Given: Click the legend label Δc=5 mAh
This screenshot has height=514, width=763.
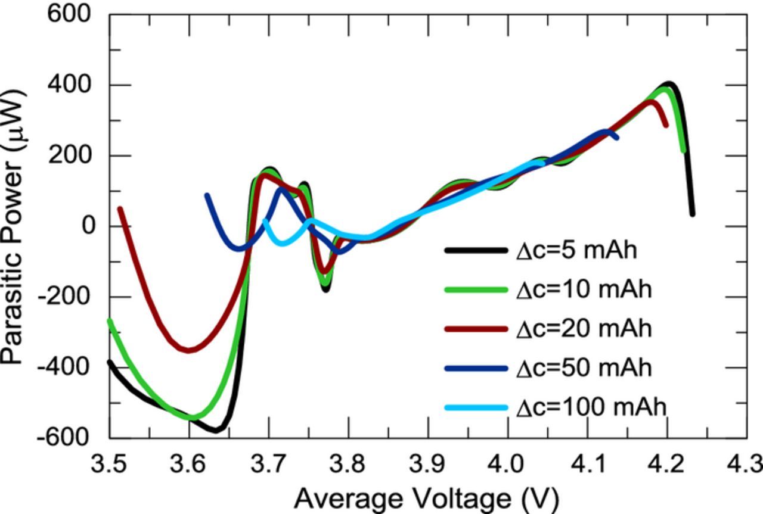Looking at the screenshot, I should (x=576, y=251).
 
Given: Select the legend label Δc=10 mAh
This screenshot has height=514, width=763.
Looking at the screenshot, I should (x=584, y=289).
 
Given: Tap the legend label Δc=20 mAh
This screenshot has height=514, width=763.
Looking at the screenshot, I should (x=584, y=329).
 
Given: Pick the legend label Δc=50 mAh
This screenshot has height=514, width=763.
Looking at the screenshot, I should (x=584, y=368).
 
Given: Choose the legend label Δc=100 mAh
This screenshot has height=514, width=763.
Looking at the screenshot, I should (x=591, y=407).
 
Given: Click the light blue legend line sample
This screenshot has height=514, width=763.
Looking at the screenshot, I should (x=476, y=408).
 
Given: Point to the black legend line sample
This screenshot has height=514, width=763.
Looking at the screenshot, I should (x=476, y=251).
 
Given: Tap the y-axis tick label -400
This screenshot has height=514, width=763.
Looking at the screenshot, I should (x=64, y=367).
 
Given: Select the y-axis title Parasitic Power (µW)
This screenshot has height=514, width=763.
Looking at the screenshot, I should (x=13, y=226).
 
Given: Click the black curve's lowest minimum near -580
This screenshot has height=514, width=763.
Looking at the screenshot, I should (x=218, y=429).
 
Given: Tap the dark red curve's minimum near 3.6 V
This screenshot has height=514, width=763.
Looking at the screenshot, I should (x=189, y=350).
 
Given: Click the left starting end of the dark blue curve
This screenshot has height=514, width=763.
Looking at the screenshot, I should (x=207, y=195).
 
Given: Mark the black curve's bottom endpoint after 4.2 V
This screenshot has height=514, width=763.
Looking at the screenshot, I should (x=692, y=213).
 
